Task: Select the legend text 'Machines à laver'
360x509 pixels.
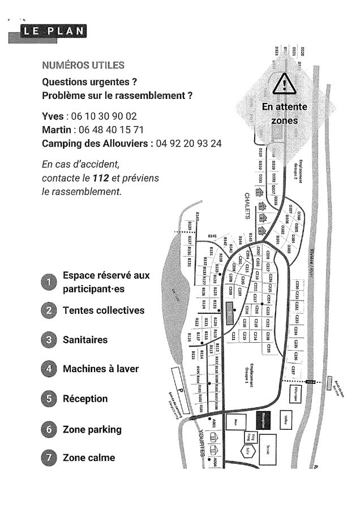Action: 101,369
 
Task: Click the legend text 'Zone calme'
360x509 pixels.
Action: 89,458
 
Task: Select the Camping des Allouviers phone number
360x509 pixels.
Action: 188,143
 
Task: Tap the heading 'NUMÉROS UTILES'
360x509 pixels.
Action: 83,64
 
